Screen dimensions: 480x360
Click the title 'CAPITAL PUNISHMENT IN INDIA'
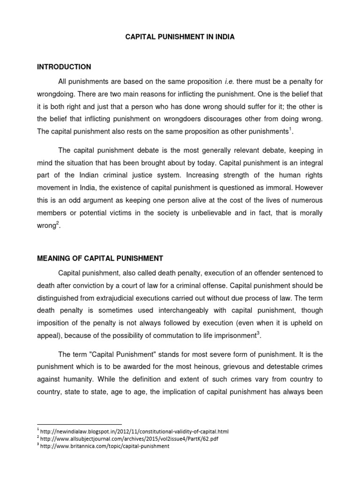point(180,37)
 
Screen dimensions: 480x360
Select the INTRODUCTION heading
point(64,67)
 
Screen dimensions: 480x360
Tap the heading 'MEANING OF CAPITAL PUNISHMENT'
point(100,258)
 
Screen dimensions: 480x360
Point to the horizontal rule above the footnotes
point(79,424)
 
